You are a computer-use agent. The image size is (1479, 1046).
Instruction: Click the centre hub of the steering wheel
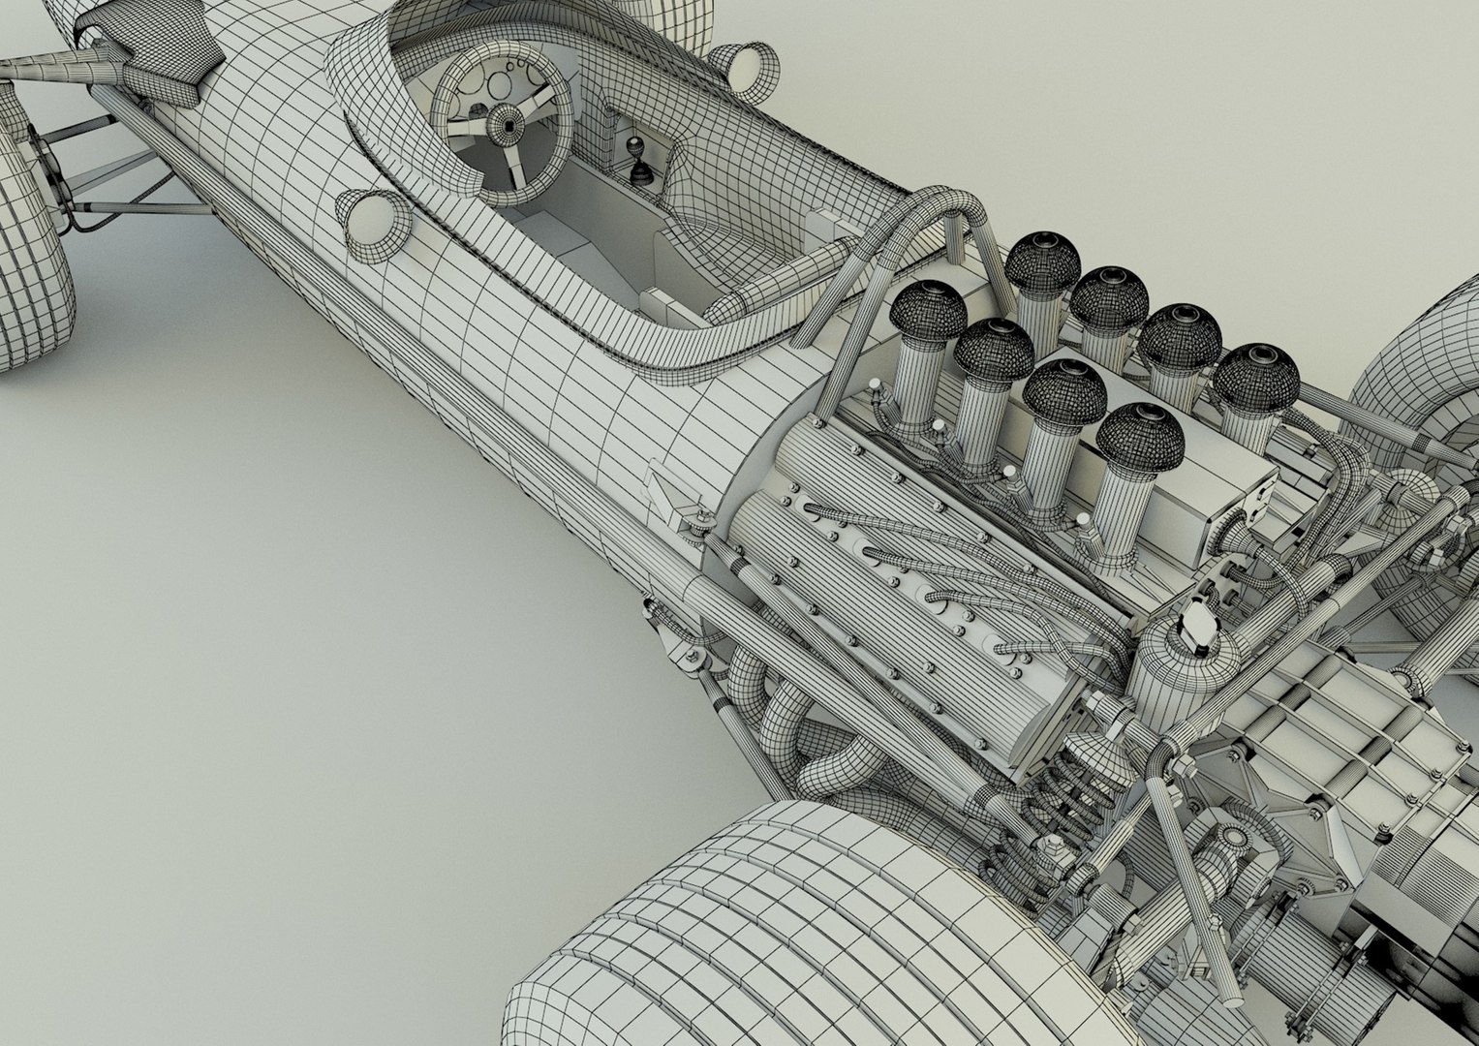[503, 124]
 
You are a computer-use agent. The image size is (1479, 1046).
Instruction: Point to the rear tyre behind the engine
[1424, 368]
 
